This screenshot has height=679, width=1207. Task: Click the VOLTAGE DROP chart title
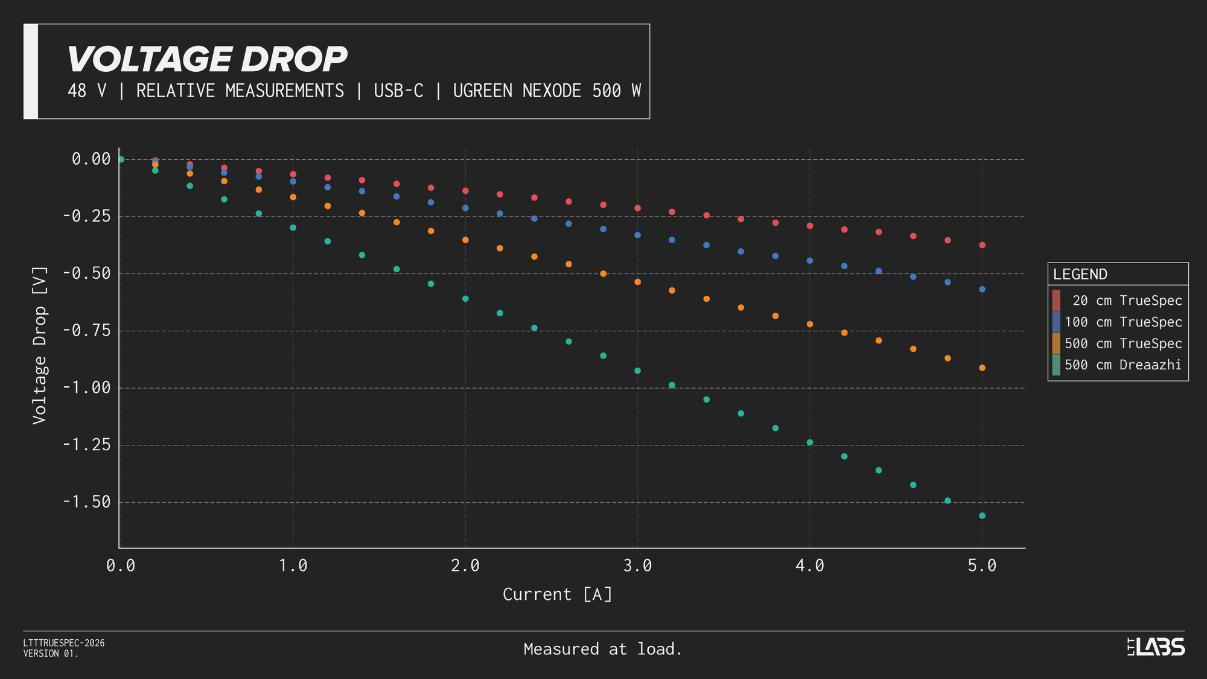[206, 59]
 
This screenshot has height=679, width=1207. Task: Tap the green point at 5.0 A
[982, 515]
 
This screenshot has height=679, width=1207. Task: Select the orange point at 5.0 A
[982, 368]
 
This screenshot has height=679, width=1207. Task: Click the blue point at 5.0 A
[982, 289]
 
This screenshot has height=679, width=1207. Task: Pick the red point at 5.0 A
[982, 245]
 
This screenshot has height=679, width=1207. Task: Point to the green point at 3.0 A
[637, 371]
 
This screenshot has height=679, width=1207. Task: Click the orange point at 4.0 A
[810, 324]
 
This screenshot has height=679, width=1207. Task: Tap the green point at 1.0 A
[293, 228]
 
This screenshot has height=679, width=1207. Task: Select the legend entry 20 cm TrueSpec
[1126, 301]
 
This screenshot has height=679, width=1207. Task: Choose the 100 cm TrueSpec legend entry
[1123, 322]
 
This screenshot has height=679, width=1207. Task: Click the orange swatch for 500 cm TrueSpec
[1056, 343]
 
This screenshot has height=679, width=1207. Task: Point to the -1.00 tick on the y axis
[87, 387]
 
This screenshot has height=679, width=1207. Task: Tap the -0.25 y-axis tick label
[87, 216]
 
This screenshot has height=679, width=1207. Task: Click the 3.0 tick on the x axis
[637, 566]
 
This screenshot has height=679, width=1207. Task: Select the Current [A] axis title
[558, 595]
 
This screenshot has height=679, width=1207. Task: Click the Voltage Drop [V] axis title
[40, 345]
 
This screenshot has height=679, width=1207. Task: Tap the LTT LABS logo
[1156, 647]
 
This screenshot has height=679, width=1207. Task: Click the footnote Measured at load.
[602, 649]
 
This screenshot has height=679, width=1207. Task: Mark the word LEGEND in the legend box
[1080, 275]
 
